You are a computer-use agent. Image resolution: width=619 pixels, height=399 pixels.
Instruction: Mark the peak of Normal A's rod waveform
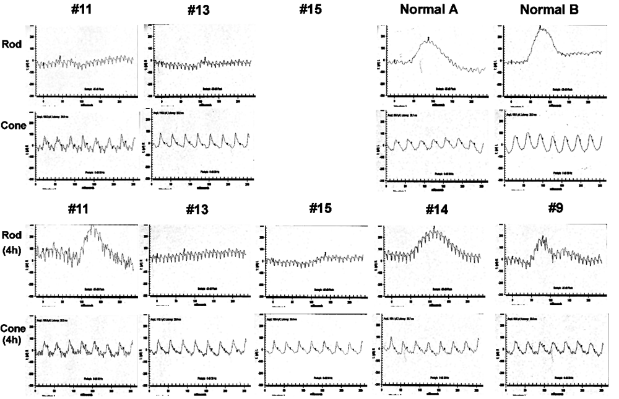pos(427,40)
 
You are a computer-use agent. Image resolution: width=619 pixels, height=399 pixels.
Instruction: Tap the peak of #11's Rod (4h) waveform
pos(93,228)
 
